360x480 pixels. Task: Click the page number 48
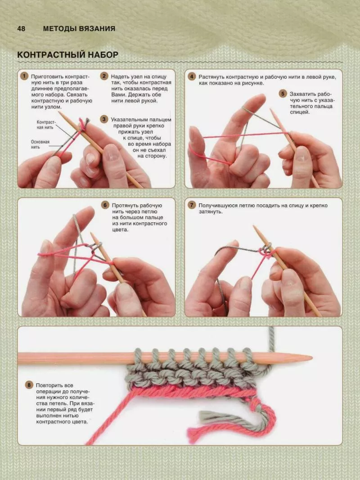coord(21,28)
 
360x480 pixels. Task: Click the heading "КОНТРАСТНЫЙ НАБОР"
coord(67,55)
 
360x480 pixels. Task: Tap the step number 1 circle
coord(24,76)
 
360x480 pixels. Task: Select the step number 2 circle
coord(104,76)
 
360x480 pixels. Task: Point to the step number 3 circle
coord(104,119)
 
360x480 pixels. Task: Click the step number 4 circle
coord(192,76)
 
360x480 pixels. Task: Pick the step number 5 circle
coord(283,94)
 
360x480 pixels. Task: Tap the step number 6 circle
coord(105,205)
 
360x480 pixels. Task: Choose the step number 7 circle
coord(192,205)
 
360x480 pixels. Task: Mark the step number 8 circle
coord(29,385)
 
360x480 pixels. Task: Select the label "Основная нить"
coord(40,144)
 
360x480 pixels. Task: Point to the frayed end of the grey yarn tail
coord(202,416)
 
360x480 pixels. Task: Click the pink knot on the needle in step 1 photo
coord(82,125)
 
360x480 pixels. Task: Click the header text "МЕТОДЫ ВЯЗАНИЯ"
coord(79,28)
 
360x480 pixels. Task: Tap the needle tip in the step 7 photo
coord(254,227)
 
